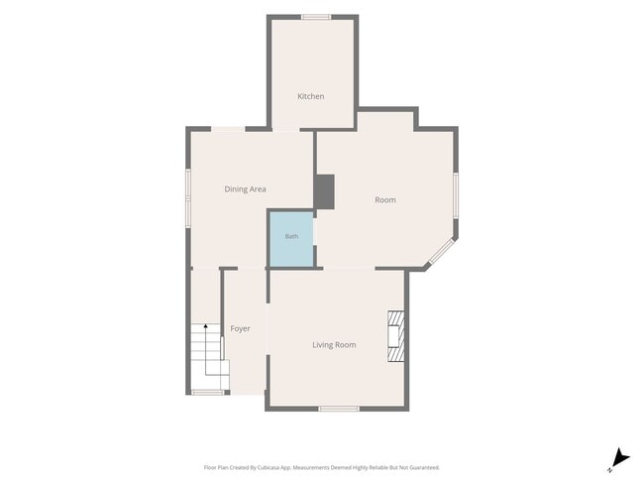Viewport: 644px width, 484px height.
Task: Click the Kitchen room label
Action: (x=310, y=96)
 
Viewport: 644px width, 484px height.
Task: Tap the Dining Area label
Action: (x=245, y=189)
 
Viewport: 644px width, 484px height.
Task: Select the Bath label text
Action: (x=291, y=236)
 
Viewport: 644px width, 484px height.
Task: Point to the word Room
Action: (x=385, y=200)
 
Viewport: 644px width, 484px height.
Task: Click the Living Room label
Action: (x=334, y=345)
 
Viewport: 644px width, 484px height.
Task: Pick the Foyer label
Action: (x=240, y=328)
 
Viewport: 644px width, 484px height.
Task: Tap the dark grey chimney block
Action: (x=324, y=191)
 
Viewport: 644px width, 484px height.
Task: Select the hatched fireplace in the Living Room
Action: (x=396, y=336)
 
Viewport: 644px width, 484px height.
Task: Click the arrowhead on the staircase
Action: (x=206, y=326)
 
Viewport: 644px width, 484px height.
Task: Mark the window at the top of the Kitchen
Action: (x=316, y=17)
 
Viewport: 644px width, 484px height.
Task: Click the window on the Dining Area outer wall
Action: (x=187, y=198)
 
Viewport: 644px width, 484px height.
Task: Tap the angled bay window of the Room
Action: (x=442, y=251)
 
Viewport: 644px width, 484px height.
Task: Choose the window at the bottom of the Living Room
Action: (x=339, y=409)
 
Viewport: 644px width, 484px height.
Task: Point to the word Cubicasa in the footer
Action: (x=268, y=467)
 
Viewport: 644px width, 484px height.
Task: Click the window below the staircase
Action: (x=208, y=393)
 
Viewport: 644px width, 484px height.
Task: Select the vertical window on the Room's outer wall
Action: (x=456, y=195)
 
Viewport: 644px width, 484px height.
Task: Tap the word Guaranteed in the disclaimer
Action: (x=425, y=467)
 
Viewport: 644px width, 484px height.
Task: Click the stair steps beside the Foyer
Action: (x=209, y=356)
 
